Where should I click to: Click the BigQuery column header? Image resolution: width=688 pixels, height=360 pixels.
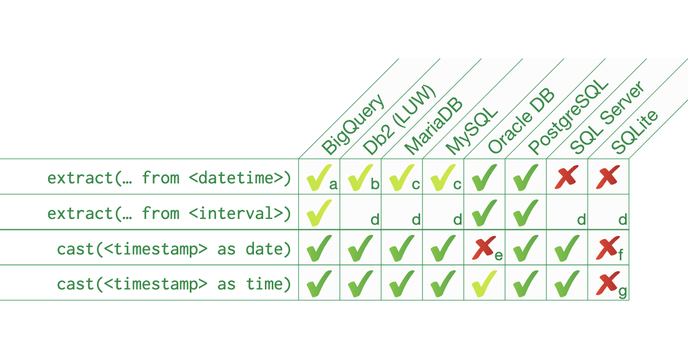[352, 125]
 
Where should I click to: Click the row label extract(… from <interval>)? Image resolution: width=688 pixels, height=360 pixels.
[169, 213]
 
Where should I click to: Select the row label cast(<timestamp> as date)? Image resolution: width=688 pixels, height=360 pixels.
[174, 249]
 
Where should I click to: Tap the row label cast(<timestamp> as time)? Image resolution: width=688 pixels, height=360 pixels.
[174, 284]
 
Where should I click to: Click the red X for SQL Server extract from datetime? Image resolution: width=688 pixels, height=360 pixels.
[565, 178]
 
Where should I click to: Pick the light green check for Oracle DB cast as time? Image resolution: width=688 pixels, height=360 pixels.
[484, 284]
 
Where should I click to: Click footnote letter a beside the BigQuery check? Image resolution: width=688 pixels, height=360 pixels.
[333, 185]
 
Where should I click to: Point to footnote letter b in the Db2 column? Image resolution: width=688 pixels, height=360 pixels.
[375, 185]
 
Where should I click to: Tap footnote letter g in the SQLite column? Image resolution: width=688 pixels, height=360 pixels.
[623, 292]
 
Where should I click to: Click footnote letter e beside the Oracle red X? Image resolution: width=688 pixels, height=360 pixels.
[498, 256]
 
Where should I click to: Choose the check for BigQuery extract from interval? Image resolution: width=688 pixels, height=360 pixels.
[319, 212]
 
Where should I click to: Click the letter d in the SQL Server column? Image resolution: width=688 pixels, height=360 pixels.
[581, 220]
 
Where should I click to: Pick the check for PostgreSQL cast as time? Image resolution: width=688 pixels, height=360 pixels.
[526, 284]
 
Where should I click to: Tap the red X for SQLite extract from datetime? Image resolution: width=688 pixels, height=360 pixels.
[607, 178]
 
